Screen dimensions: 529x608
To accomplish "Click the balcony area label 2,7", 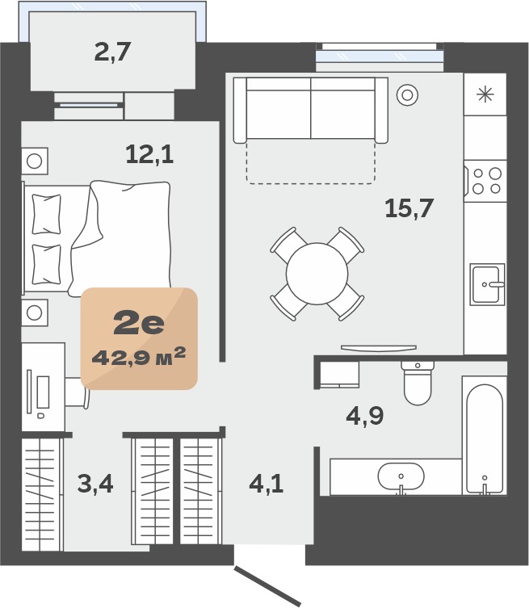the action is click(112, 52).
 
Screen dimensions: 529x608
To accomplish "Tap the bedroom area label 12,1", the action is click(149, 154).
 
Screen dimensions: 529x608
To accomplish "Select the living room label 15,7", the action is click(409, 208).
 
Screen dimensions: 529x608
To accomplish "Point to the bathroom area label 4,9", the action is click(364, 416).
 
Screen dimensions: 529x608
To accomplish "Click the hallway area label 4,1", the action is click(266, 484).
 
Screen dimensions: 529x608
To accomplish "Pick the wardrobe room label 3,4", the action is click(95, 484).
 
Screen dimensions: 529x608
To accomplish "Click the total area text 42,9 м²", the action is click(139, 357).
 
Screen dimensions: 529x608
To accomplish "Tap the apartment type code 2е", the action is click(139, 324).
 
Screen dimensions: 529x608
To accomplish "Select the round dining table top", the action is click(317, 274).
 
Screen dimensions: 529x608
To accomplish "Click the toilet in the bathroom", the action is click(418, 383).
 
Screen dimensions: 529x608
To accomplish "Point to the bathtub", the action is click(485, 435).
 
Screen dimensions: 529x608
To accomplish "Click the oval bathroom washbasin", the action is click(401, 476).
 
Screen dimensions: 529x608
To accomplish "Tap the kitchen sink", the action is click(488, 284).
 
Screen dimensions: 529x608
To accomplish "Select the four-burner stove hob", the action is click(485, 181).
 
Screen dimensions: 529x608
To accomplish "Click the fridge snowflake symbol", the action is click(485, 94).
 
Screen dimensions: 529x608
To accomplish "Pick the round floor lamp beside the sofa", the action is click(407, 94).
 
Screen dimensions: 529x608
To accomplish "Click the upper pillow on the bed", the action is click(46, 215).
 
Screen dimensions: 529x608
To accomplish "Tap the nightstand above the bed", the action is click(35, 161).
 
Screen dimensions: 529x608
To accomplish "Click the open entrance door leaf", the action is click(267, 586).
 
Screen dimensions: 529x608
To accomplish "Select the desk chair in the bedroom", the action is click(78, 392).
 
